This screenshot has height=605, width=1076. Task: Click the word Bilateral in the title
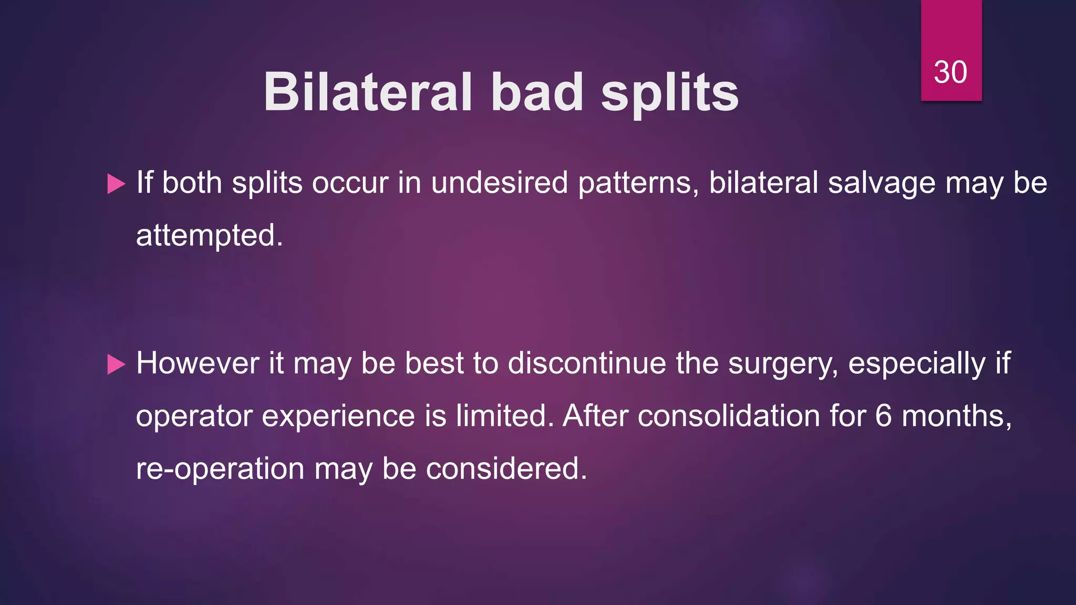[368, 92]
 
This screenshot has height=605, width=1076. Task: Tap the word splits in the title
[670, 93]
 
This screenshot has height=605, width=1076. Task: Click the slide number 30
[950, 72]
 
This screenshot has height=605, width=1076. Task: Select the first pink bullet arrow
[116, 184]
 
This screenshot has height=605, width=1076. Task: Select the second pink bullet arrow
[116, 364]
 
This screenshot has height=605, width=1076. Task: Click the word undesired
[499, 183]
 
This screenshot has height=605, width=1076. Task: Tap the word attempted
[209, 235]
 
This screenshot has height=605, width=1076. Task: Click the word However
[198, 363]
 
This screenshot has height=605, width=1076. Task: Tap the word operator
[194, 417]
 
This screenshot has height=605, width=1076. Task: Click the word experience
[338, 417]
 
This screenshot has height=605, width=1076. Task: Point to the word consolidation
[729, 416]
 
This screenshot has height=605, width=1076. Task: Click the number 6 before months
[884, 416]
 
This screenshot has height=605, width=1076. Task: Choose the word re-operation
[220, 468]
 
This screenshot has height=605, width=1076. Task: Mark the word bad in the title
[537, 92]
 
